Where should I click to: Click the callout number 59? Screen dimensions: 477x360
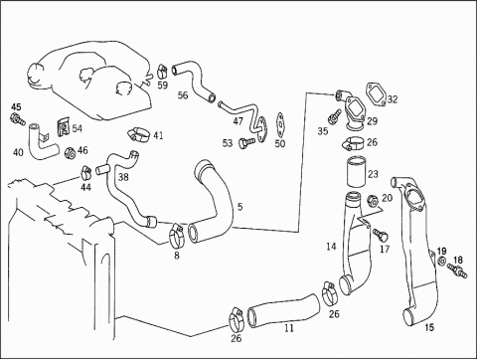coord(162,86)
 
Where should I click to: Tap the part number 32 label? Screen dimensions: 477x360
coord(393,99)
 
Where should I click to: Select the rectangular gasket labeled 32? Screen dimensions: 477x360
coord(376,94)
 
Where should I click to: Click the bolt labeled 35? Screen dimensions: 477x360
coord(334,116)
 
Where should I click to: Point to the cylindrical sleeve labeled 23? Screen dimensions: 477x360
coord(356,172)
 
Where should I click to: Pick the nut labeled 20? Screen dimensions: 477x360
coord(373,201)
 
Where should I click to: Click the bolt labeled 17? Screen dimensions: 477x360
coord(381,235)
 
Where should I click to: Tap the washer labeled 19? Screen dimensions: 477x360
coord(442,261)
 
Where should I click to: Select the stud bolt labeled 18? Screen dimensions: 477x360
coord(457,270)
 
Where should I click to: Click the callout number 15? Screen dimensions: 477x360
coord(429,327)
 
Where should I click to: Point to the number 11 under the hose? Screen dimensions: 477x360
coord(289,328)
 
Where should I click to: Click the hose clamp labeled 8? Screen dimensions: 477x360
coord(177,235)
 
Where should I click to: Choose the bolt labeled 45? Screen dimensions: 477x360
coord(17,119)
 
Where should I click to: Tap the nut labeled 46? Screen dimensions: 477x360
coord(71,153)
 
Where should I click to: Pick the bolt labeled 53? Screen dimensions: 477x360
coord(246,143)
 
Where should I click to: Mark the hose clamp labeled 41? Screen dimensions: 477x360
coord(139,135)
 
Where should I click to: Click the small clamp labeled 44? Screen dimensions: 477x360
coord(86,171)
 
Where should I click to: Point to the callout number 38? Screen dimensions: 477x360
coord(123,177)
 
